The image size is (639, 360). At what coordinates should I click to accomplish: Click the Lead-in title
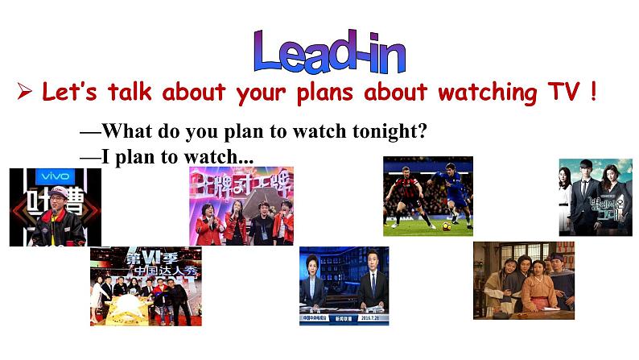point(330,52)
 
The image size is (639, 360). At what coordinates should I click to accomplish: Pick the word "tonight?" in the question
point(389,131)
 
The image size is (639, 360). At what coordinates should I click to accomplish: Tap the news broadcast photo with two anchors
point(344,286)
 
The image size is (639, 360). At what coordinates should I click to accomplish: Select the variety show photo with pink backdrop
point(241,205)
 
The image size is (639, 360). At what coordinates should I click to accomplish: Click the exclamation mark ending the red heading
point(592,93)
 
